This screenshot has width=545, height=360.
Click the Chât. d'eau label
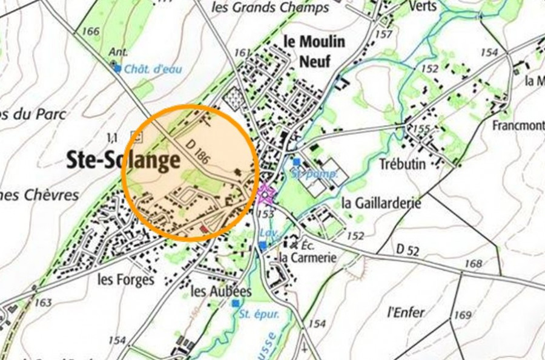[153, 69]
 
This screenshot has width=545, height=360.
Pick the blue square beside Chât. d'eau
[117, 68]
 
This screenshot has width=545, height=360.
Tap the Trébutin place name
[402, 164]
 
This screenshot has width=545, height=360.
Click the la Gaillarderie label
[381, 203]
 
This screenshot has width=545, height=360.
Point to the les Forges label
[126, 280]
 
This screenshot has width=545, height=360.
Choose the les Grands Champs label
[271, 8]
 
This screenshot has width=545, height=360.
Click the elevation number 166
[89, 31]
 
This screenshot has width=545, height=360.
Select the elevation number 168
[474, 264]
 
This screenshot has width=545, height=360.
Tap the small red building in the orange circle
[203, 229]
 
